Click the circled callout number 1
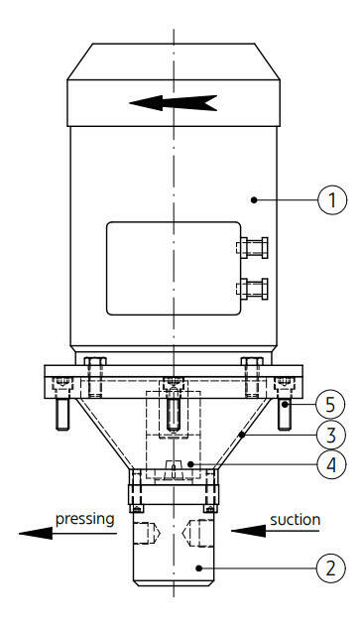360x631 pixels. tap(332, 200)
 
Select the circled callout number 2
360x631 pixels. tap(330, 568)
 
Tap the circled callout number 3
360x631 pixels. tap(330, 435)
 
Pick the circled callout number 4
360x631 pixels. tap(330, 464)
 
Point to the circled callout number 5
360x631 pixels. tap(330, 405)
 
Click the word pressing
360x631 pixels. tap(85, 519)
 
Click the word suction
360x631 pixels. tap(296, 520)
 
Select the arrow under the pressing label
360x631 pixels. tap(67, 534)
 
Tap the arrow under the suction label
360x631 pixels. tap(275, 531)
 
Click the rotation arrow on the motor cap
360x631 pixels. tap(173, 103)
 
